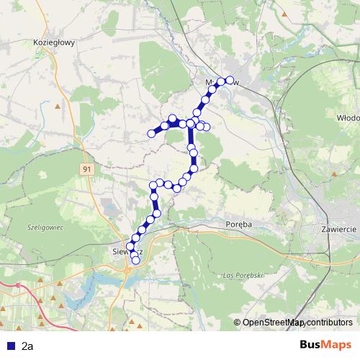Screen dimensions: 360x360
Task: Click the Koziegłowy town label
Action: click(55, 42)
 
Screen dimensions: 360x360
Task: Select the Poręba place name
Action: click(238, 224)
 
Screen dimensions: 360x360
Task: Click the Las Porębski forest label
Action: click(241, 276)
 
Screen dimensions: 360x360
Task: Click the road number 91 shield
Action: click(86, 168)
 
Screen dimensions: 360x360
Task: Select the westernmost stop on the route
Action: click(151, 133)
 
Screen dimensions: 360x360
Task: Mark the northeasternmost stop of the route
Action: click(230, 80)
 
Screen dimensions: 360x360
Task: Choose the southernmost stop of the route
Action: click(135, 260)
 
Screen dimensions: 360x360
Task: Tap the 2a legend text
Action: click(27, 346)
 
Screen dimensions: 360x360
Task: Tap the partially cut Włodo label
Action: click(348, 116)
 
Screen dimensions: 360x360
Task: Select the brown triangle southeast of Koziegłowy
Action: click(57, 106)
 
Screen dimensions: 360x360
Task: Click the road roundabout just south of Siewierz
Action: click(128, 271)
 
